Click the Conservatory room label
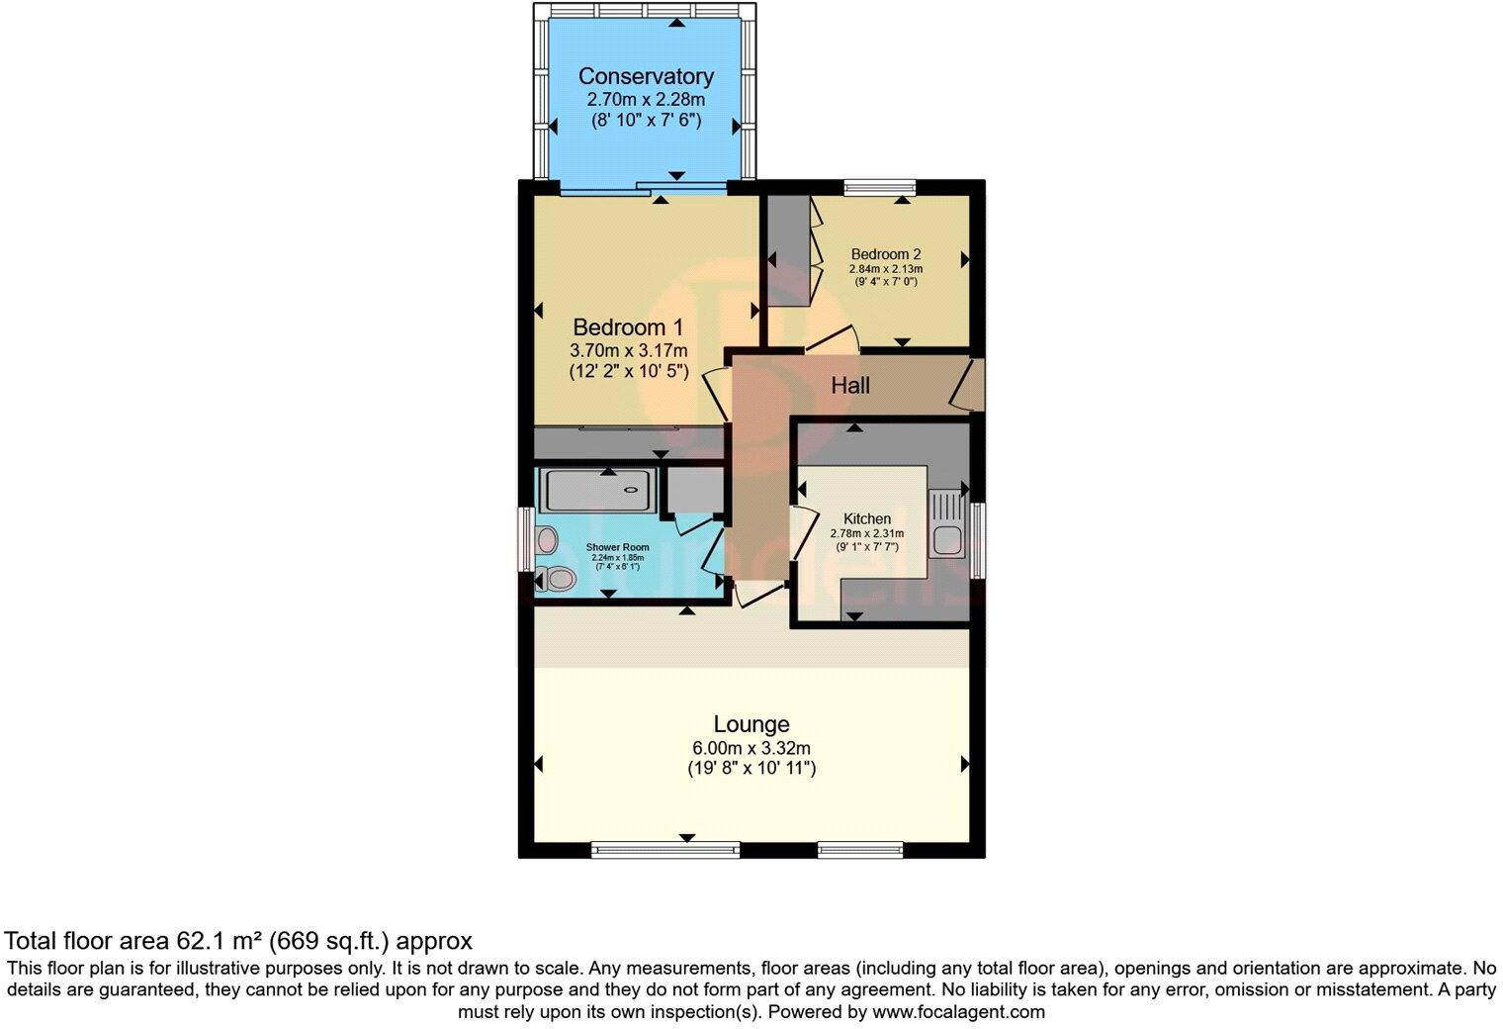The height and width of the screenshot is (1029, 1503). [x=646, y=76]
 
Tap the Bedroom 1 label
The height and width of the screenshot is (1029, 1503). [x=628, y=327]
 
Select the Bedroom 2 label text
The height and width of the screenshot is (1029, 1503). [x=885, y=254]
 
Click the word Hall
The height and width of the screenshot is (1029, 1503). [x=850, y=385]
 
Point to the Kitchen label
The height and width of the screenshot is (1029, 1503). [x=866, y=518]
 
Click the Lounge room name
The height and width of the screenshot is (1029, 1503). [x=751, y=725]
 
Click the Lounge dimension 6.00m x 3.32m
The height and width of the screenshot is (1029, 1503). [x=751, y=748]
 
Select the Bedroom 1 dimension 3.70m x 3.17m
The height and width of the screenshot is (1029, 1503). [x=628, y=350]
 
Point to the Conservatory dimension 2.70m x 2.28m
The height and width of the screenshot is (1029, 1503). [x=646, y=100]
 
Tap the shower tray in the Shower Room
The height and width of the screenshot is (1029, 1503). [x=596, y=490]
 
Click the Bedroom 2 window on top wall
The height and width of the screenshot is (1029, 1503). [x=879, y=186]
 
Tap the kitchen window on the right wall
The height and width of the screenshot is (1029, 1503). [x=977, y=540]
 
